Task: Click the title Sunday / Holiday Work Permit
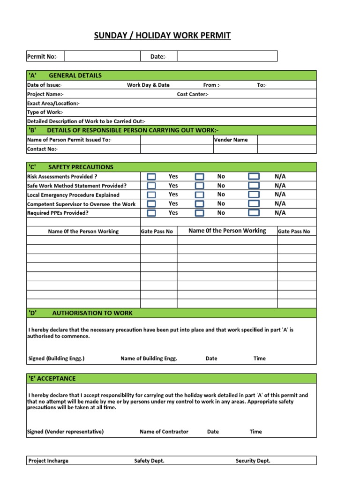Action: pos(162,36)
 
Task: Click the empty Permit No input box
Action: pos(103,57)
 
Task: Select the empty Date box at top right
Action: pos(227,57)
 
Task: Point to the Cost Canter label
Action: pos(193,94)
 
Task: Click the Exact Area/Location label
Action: pos(53,103)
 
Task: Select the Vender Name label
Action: pos(231,140)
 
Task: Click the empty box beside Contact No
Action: pos(177,149)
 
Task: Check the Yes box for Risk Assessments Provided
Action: pos(151,177)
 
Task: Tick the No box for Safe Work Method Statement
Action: pos(200,186)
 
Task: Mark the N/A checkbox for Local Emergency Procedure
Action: pos(254,195)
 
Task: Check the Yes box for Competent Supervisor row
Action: pos(151,204)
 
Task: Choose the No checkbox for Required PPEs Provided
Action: pos(200,213)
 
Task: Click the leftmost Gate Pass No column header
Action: pos(157,232)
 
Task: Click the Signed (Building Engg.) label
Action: pos(57,359)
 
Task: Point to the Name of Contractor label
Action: pos(164,432)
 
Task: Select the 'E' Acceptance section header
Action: pos(52,378)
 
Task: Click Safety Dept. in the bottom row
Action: pos(149,461)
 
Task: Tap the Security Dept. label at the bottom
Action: pos(253,461)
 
